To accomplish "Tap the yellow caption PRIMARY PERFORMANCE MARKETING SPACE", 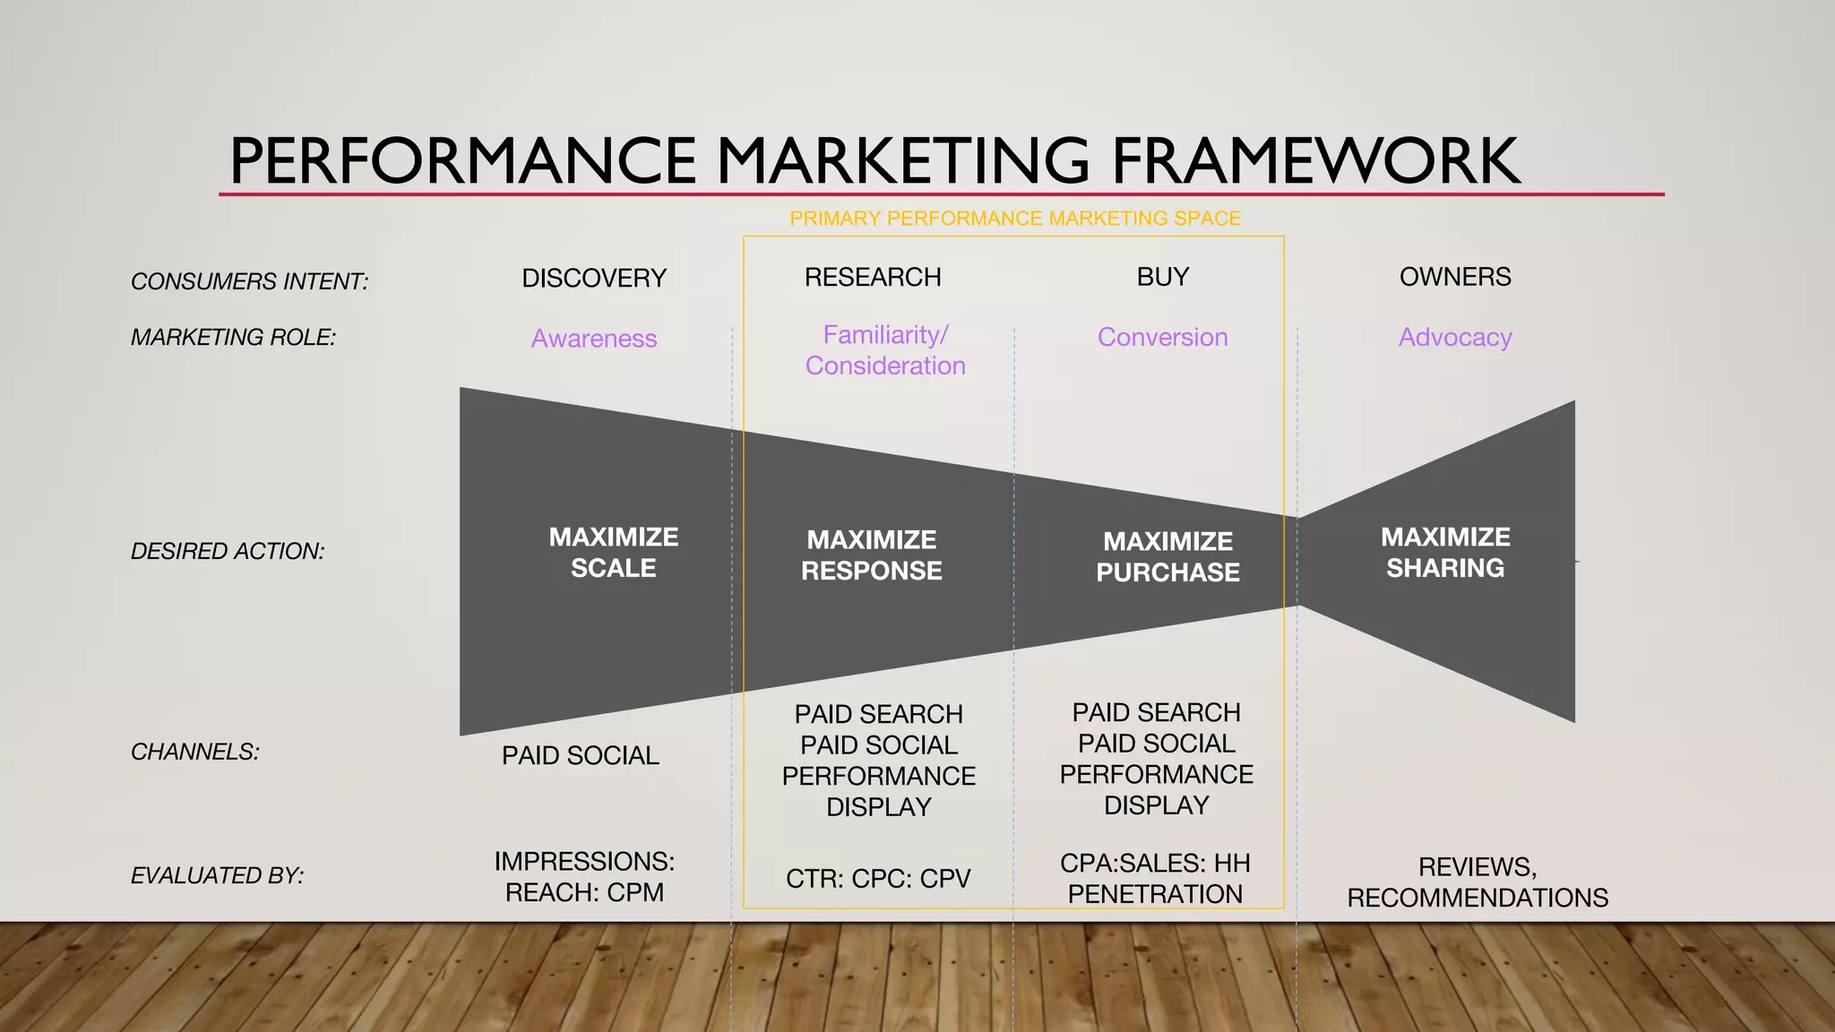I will [1015, 219].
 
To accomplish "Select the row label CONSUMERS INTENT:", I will [249, 281].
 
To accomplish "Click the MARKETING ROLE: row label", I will [233, 337].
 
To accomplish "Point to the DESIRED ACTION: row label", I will [228, 551].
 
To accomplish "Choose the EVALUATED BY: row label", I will [217, 875].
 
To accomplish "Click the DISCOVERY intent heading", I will [594, 278].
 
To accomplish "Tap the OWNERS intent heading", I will [1455, 277].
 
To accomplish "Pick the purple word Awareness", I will [594, 339].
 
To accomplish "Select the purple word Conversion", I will [1162, 337].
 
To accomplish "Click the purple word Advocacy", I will [1455, 337].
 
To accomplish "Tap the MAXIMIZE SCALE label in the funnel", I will [614, 552].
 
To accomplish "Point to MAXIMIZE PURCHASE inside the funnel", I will [1167, 556].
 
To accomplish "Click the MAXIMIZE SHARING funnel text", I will [1445, 552].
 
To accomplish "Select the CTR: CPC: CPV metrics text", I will [878, 879].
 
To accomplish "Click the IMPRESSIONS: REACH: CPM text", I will [584, 877].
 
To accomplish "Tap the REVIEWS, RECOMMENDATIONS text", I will [1477, 882].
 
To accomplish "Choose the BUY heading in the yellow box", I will [1163, 277].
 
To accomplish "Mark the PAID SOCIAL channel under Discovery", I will [581, 755].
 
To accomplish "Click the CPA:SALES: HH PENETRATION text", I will [1155, 879].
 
